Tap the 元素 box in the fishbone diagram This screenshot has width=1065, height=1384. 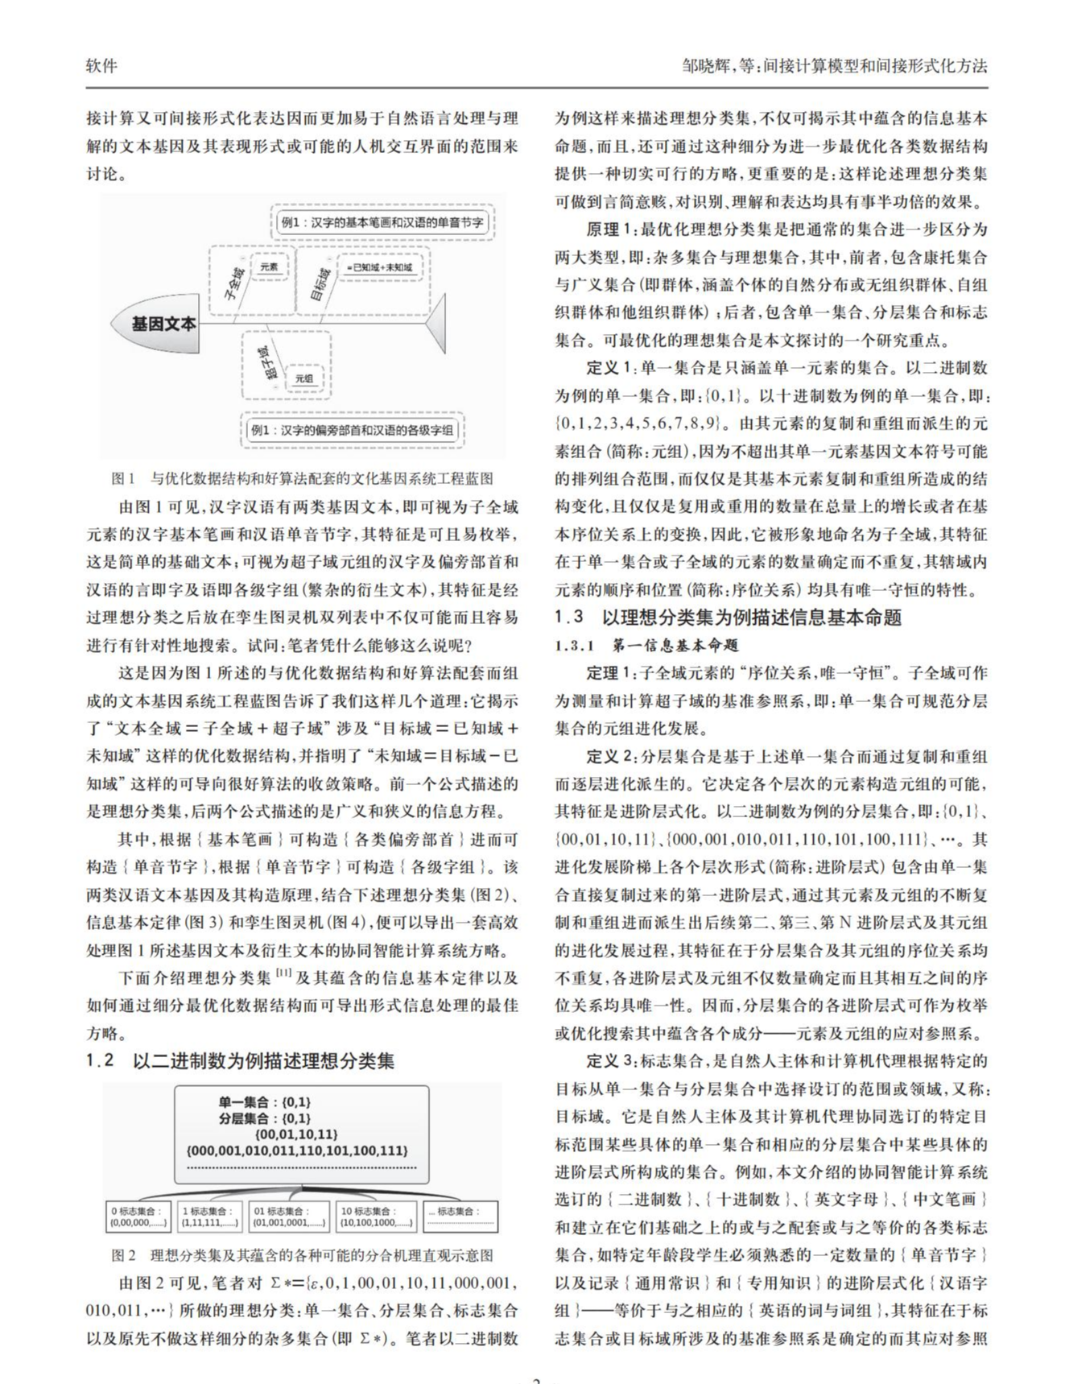(x=269, y=266)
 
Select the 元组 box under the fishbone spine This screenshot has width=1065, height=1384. (x=303, y=378)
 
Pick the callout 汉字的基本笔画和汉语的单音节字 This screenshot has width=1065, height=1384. (x=382, y=221)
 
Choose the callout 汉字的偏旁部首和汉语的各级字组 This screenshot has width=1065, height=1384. (x=352, y=430)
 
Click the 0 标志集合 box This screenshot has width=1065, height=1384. (x=138, y=1217)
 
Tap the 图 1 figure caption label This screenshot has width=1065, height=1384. (x=123, y=479)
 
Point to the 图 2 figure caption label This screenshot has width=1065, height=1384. (x=123, y=1255)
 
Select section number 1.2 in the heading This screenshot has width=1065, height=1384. (x=101, y=1060)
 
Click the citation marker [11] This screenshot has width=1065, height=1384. (x=283, y=974)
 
